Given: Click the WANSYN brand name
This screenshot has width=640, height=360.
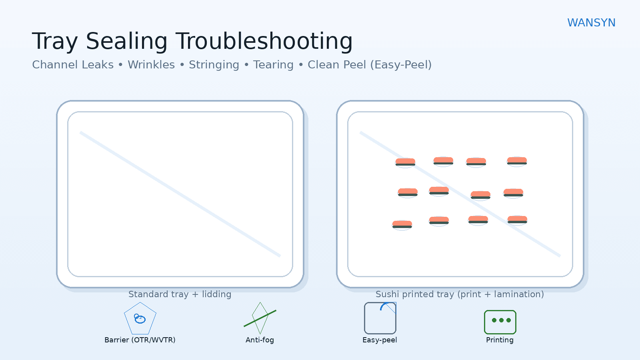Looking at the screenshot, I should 591,23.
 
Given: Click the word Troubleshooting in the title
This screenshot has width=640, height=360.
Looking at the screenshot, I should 264,41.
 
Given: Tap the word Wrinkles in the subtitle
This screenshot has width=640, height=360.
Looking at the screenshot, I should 151,65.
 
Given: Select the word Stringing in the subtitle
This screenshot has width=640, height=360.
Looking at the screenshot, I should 214,65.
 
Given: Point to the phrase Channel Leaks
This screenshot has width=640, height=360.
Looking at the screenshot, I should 73,65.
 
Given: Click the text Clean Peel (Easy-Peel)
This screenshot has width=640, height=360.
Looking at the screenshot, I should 370,65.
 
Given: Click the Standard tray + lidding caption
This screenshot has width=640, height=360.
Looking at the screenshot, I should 180,294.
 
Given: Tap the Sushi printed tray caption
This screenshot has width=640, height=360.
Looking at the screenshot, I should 460,294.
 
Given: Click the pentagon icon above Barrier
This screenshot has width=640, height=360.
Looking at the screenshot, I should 140,319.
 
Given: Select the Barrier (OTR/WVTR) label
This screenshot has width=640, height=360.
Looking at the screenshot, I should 140,340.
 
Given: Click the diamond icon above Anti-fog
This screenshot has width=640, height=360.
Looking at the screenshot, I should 260,318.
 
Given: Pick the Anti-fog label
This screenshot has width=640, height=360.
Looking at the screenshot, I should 260,340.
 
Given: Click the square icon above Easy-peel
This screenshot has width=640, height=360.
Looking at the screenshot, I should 380,318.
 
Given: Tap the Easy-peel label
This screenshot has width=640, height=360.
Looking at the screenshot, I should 380,340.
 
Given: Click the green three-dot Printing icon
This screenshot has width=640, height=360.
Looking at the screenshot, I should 500,322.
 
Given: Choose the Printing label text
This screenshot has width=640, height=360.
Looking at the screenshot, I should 500,340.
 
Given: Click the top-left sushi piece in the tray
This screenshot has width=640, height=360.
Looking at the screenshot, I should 405,162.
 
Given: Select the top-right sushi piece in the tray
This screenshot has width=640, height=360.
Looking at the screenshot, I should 517,161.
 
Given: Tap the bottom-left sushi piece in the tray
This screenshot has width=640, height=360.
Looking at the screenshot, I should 402,224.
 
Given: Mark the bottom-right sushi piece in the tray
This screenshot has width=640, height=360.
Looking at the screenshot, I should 517,220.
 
